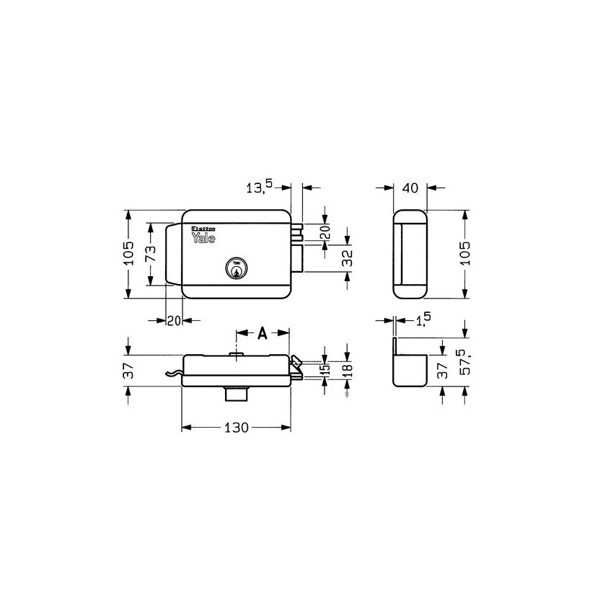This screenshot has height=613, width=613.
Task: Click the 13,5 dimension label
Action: (260, 188)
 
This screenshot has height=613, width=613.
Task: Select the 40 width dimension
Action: (410, 188)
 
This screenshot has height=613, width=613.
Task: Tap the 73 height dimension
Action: (151, 254)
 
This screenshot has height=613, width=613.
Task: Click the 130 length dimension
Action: (236, 428)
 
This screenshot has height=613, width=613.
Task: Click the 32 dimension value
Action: (348, 258)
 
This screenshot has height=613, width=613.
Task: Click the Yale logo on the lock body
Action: (205, 237)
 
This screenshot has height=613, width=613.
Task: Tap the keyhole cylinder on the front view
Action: (236, 269)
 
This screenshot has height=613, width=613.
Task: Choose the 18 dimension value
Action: (348, 369)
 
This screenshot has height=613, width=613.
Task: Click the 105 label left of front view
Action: (128, 255)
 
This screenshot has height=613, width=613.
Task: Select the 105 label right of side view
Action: (467, 255)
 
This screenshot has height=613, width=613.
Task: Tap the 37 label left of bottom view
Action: (128, 371)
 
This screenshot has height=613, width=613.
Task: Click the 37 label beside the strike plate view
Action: (443, 371)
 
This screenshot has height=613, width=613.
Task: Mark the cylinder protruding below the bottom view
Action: (236, 394)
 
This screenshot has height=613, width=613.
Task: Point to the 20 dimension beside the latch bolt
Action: (325, 232)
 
